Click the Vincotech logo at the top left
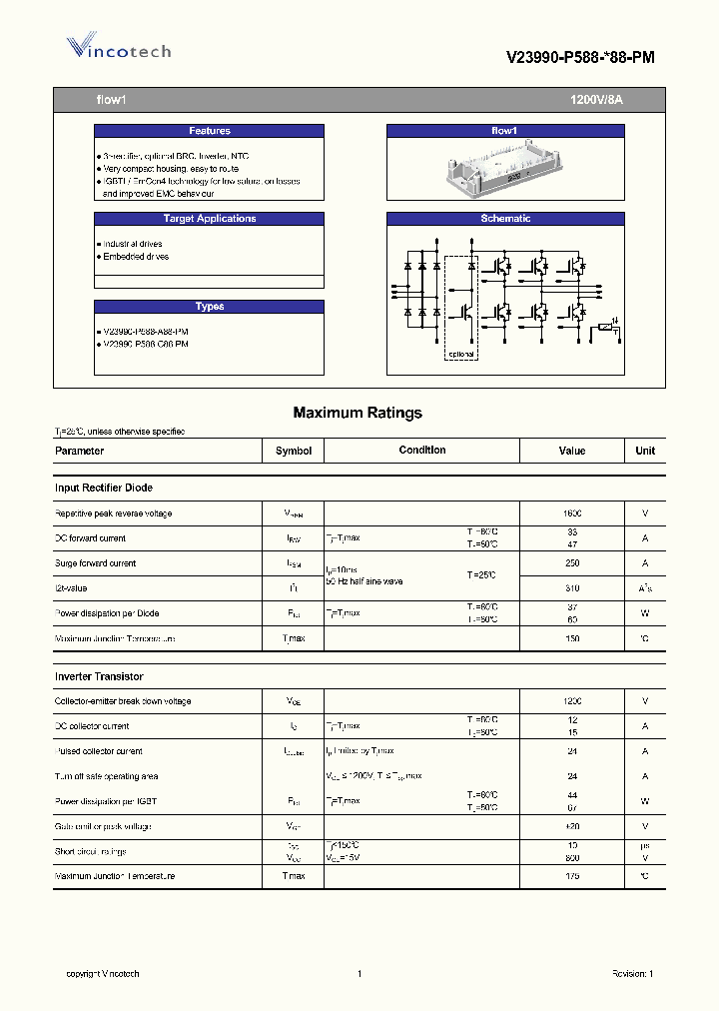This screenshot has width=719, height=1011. coord(118,48)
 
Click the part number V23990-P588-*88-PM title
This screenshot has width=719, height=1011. coord(580,58)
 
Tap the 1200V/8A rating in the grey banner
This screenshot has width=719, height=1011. coord(596,100)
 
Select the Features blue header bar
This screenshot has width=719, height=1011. coord(209,131)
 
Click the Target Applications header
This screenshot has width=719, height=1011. coord(209,219)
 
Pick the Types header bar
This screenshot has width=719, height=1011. coord(209,307)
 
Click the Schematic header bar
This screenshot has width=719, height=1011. coord(504,219)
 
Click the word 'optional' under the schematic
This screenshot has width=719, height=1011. coord(460,355)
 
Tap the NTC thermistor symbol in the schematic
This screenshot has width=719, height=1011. coord(605,328)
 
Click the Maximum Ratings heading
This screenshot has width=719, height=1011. coord(358,413)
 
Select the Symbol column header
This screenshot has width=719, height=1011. coord(294,451)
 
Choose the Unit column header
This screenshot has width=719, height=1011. coord(645,451)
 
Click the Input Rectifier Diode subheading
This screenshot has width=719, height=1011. coord(104,488)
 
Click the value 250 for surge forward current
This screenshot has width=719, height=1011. coord(572,563)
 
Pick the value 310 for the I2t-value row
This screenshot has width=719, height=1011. coord(572,588)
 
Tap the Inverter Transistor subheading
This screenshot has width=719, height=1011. coord(99,676)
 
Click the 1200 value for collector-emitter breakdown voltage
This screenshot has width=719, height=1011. coord(572,701)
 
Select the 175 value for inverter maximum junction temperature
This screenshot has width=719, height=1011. coord(572,876)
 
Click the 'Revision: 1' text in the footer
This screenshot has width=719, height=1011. coord(632,974)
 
